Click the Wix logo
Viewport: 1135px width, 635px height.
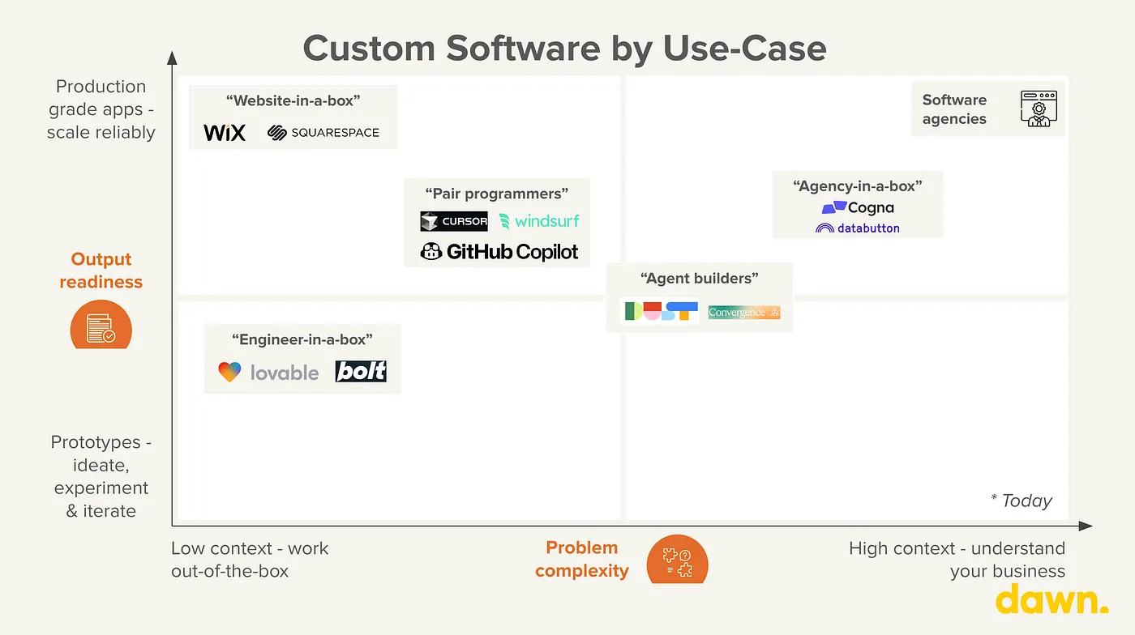tap(225, 133)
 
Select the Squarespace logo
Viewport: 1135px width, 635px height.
tap(323, 133)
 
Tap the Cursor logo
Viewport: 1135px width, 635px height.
tap(454, 221)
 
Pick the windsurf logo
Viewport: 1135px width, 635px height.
tap(539, 221)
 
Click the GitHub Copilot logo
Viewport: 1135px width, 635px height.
tap(499, 252)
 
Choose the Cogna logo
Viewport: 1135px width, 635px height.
tap(858, 207)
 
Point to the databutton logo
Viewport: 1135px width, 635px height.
tap(858, 228)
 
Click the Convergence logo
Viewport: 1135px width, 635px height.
tap(744, 313)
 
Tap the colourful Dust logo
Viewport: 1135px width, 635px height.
tap(662, 311)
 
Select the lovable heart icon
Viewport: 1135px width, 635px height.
tap(229, 372)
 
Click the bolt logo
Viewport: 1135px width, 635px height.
tap(361, 371)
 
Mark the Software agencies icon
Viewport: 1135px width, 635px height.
tap(1039, 109)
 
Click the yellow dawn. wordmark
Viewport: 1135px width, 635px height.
tap(1052, 599)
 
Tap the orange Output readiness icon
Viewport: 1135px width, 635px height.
tap(101, 325)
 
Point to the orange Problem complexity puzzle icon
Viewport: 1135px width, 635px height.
tap(678, 560)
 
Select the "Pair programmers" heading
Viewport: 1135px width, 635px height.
tap(496, 194)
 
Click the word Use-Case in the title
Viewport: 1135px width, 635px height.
tap(744, 49)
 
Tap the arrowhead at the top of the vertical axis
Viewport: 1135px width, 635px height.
tap(172, 58)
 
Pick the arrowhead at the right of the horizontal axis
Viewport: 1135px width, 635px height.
tap(1086, 526)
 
